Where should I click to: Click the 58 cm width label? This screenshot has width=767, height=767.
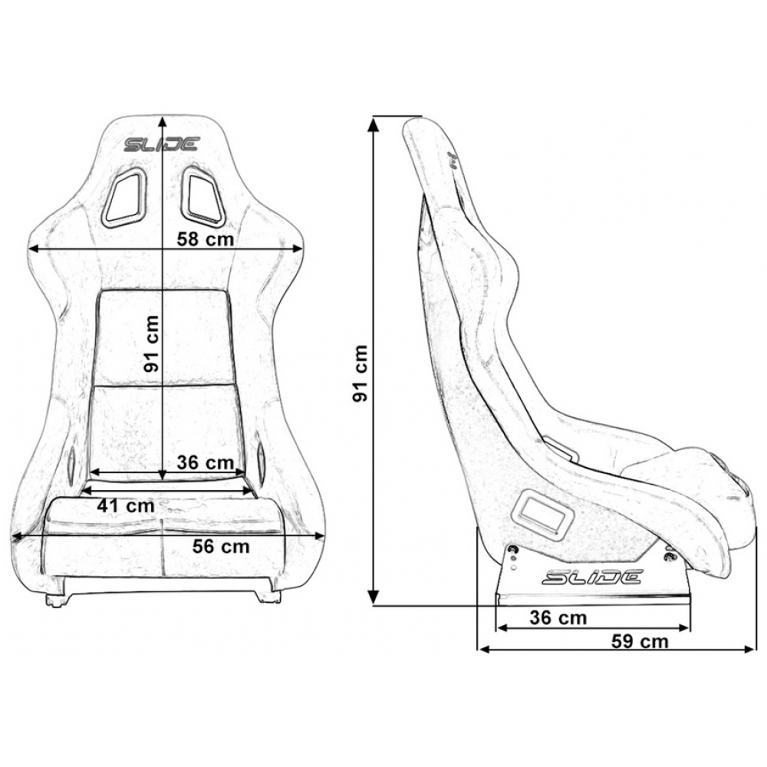205,239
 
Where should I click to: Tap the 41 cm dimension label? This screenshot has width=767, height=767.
126,505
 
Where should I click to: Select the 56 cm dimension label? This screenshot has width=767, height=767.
221,546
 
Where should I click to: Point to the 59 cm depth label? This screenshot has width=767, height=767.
640,640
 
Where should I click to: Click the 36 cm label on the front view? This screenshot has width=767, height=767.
206,463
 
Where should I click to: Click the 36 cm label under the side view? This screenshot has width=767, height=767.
558,617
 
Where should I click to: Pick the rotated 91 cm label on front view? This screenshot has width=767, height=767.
152,344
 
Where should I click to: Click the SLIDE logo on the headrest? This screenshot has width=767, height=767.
161,144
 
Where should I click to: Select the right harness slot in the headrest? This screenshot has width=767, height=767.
202,196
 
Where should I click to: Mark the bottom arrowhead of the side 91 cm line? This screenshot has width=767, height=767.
374,597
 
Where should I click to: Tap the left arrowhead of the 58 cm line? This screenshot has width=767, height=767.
35,249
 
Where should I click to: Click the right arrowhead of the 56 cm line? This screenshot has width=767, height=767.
318,536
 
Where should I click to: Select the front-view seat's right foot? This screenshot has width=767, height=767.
271,595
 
